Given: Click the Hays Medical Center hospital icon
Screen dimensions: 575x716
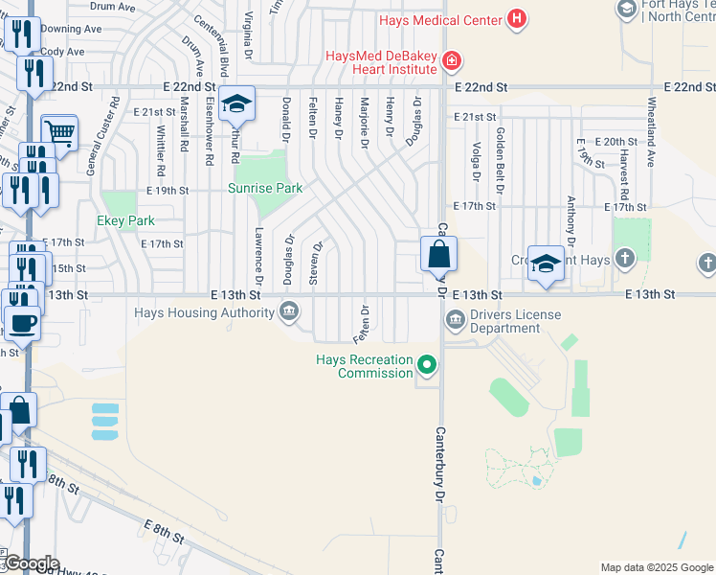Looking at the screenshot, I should click(x=518, y=18).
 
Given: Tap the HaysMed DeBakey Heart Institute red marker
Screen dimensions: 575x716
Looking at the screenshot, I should click(x=451, y=62).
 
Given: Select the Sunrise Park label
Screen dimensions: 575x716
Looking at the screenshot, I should click(x=265, y=188).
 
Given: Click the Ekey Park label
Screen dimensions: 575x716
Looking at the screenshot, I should click(x=125, y=220).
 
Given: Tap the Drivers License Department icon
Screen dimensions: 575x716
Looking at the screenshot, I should click(x=455, y=320).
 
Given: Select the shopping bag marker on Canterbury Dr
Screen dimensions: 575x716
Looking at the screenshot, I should click(x=438, y=255).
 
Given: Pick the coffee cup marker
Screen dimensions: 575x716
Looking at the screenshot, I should click(x=23, y=324).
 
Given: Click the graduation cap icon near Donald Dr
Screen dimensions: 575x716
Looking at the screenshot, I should click(x=235, y=104).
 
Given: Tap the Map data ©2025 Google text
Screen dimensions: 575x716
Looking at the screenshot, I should click(x=656, y=567).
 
